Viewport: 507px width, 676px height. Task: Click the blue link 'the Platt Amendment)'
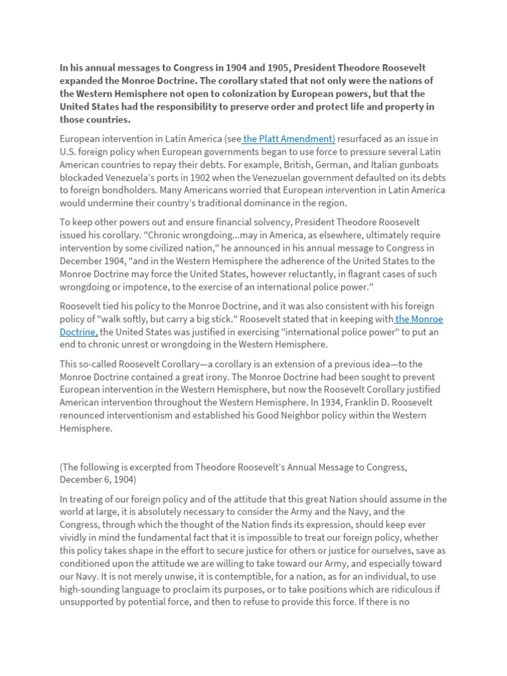(290, 139)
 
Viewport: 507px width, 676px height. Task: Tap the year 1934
(309, 403)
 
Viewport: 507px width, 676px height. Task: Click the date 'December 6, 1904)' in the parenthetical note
(98, 480)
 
